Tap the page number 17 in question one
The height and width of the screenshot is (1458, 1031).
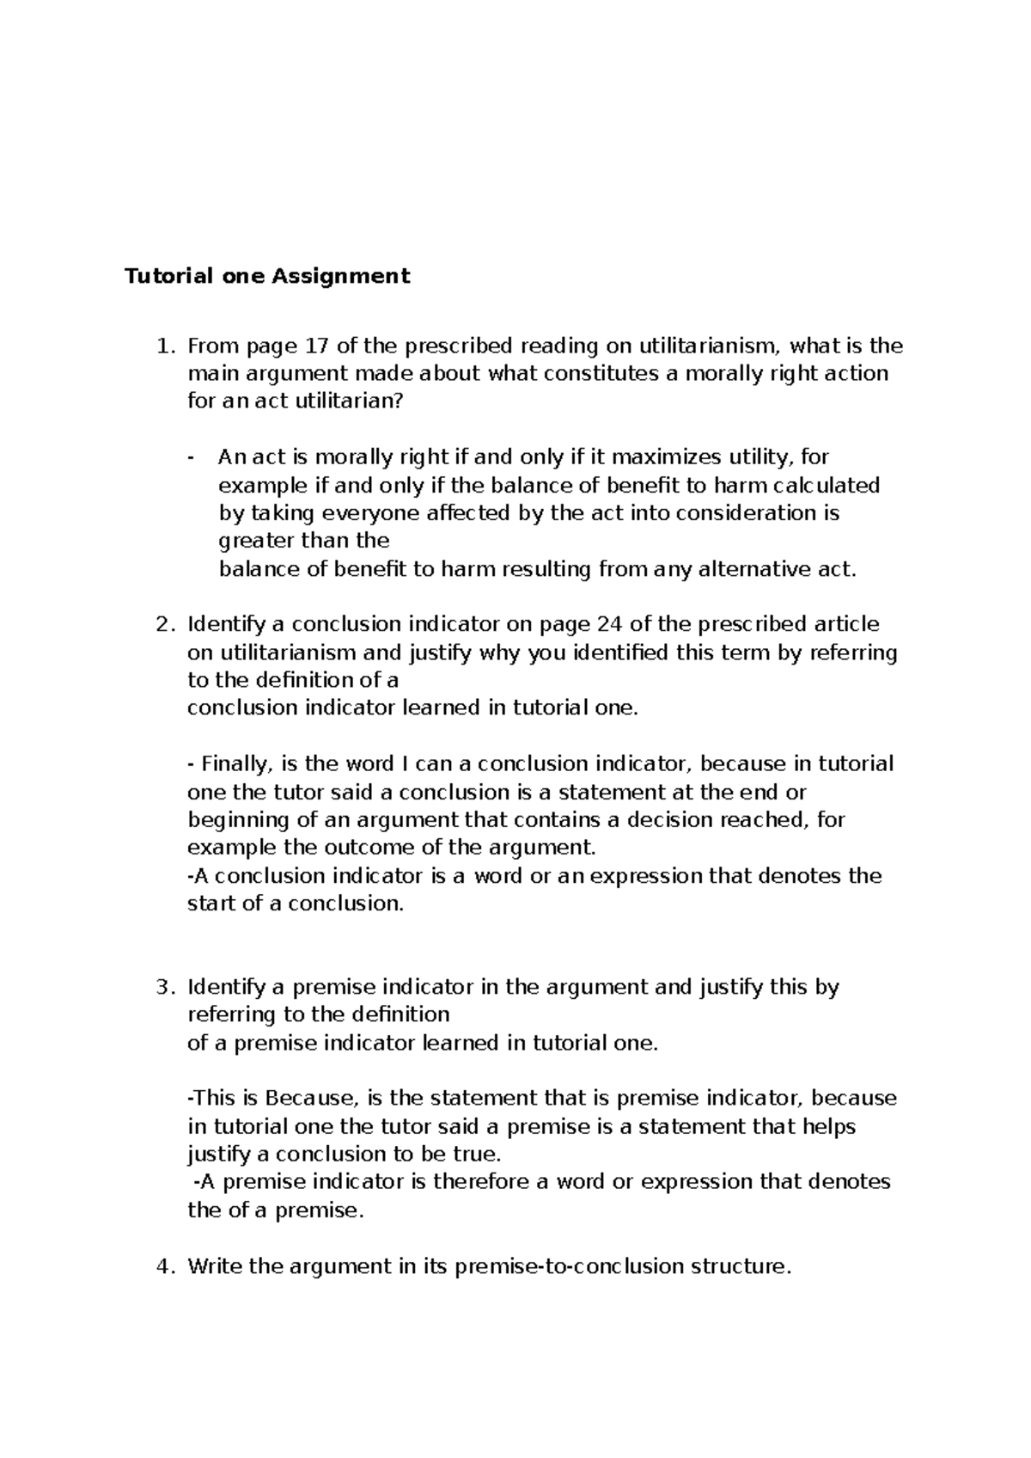317,346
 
